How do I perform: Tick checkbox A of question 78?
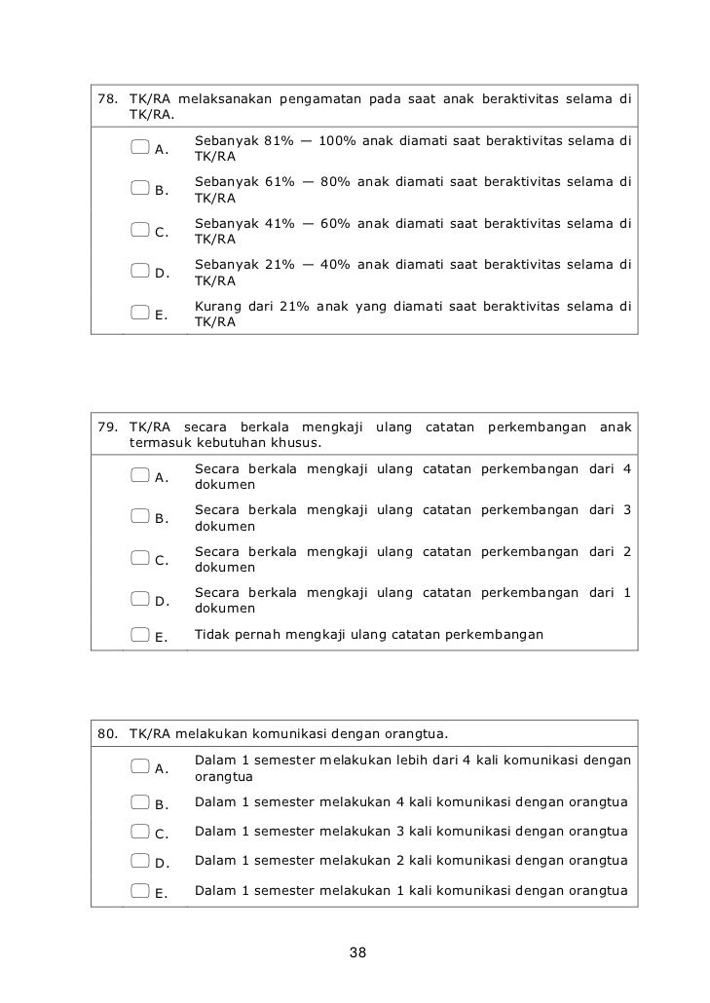pyautogui.click(x=140, y=147)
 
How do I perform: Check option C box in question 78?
pyautogui.click(x=140, y=231)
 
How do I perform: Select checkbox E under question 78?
pyautogui.click(x=140, y=313)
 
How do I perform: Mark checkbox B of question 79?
pyautogui.click(x=140, y=516)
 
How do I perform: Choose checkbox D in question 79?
pyautogui.click(x=140, y=600)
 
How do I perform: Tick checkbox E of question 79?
pyautogui.click(x=140, y=636)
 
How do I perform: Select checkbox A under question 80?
pyautogui.click(x=140, y=766)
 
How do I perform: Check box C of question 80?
pyautogui.click(x=140, y=832)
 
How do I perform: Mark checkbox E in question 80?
pyautogui.click(x=140, y=890)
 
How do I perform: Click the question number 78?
pyautogui.click(x=108, y=99)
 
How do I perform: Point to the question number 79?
pyautogui.click(x=108, y=427)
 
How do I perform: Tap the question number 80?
pyautogui.click(x=108, y=733)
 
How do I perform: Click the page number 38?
pyautogui.click(x=357, y=951)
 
